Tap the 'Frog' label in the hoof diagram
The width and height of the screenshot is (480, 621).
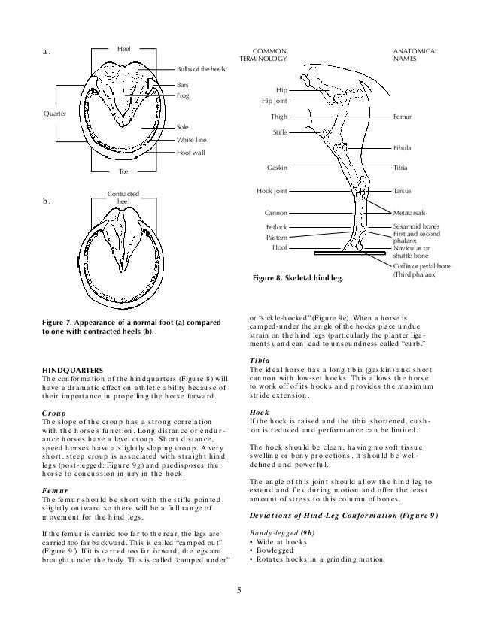(x=183, y=96)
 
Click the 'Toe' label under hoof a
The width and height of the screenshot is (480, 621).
(x=124, y=172)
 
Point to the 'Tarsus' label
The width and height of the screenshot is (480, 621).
(x=404, y=194)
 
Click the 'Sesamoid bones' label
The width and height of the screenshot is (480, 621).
(x=419, y=226)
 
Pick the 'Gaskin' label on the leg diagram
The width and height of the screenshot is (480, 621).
(x=276, y=167)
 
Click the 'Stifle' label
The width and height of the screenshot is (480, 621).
(x=280, y=132)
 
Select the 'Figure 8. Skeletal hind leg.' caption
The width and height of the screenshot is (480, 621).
(x=296, y=280)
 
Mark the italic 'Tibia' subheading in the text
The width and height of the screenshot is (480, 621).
(x=259, y=359)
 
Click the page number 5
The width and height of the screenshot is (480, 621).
(x=238, y=590)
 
